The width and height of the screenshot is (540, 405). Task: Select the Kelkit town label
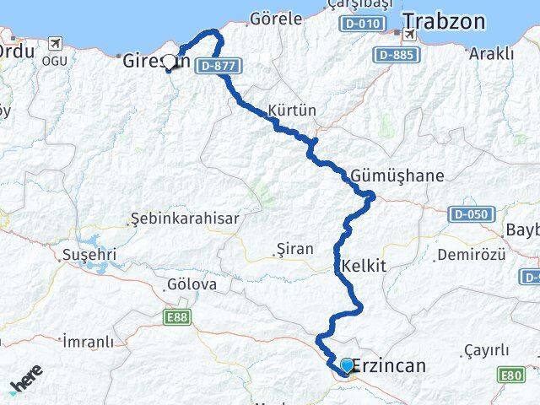364,265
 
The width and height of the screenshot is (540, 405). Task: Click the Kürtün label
291,111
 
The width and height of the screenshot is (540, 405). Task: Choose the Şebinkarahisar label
185,218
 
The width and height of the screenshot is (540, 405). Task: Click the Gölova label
192,284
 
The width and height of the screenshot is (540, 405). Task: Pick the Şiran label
294,249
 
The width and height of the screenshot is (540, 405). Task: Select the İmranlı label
88,342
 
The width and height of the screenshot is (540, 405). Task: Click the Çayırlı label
487,350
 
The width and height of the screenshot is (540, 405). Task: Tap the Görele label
276,18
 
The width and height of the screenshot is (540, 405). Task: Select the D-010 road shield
359,24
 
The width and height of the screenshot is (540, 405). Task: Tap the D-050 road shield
467,214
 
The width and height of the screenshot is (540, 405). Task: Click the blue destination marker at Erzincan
347,365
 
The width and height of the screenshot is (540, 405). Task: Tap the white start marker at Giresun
170,62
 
